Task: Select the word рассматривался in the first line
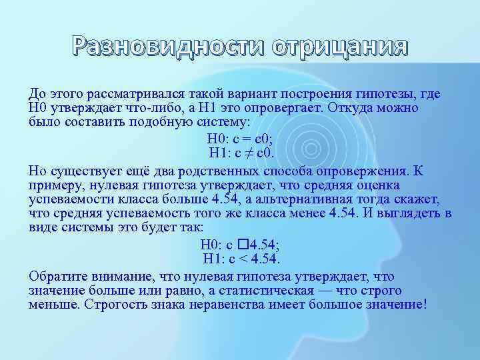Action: click(x=117, y=95)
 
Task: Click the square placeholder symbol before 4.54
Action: click(x=241, y=244)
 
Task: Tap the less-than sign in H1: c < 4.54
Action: click(x=243, y=258)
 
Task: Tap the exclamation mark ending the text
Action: click(x=423, y=305)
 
